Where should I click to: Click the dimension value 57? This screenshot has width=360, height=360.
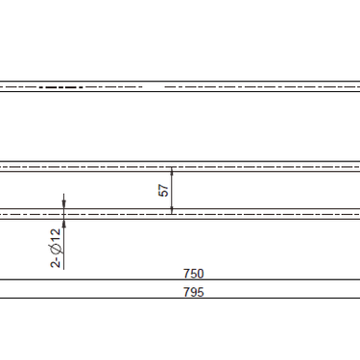point(162,190)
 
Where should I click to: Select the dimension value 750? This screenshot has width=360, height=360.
point(193,274)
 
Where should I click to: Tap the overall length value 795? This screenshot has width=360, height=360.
point(193,293)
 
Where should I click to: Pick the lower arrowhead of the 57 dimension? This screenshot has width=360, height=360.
point(172,208)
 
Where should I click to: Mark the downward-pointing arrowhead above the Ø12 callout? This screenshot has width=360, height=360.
point(64,203)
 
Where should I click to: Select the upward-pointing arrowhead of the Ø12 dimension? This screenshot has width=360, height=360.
point(64,222)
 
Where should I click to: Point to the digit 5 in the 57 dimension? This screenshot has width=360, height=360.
point(162,194)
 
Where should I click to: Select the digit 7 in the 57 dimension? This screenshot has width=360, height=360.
point(162,186)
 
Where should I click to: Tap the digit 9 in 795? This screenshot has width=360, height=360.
point(193,293)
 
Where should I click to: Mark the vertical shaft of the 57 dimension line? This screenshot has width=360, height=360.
point(172,190)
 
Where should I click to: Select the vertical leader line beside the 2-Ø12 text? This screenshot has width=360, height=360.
point(64,245)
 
